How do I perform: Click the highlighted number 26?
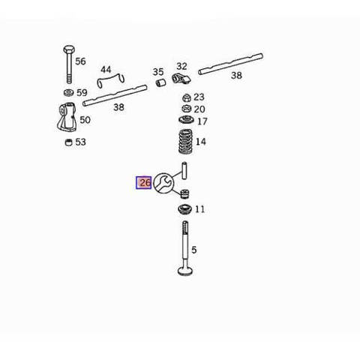click(144, 183)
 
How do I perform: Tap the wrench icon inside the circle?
click(163, 183)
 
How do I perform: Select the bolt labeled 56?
click(69, 64)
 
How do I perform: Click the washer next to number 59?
click(69, 93)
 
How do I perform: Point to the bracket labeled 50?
click(67, 117)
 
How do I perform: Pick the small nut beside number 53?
click(68, 142)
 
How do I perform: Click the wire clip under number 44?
click(110, 80)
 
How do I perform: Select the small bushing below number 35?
click(160, 82)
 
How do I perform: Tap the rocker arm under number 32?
click(181, 78)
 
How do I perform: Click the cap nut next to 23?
click(187, 97)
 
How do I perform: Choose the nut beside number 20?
click(187, 109)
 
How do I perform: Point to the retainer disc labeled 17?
click(187, 120)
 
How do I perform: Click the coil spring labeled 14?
click(185, 141)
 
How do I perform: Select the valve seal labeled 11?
click(185, 209)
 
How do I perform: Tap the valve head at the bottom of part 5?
click(185, 271)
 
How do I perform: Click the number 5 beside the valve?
click(194, 250)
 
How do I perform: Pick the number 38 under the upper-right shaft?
click(236, 75)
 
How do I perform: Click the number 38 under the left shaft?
click(118, 107)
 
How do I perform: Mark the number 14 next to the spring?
click(201, 142)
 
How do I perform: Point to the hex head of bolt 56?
click(69, 49)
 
